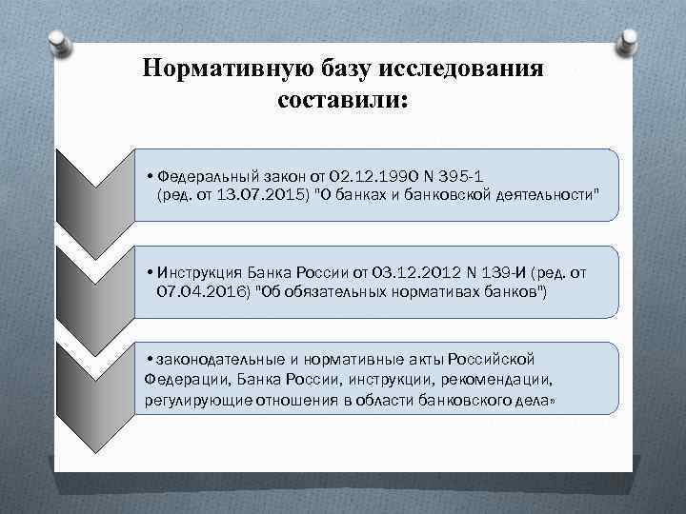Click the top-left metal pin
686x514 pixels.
coord(58,41)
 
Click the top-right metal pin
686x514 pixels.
coord(628,41)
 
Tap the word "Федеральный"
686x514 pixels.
coord(201,175)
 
